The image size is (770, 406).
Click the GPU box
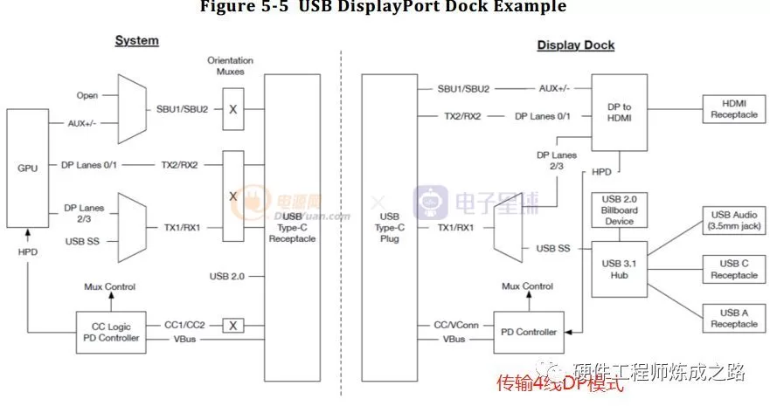tap(28, 167)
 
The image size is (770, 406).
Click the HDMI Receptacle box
tap(734, 109)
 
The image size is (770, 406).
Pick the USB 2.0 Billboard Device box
tap(619, 210)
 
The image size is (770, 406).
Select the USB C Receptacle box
tap(734, 269)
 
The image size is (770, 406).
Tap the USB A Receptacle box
tap(734, 318)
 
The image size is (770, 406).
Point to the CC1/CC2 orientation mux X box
tap(232, 326)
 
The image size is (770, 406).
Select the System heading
tap(137, 41)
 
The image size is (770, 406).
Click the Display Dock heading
tap(575, 45)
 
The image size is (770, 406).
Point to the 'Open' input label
tap(87, 96)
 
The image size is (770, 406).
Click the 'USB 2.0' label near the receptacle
tap(226, 276)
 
